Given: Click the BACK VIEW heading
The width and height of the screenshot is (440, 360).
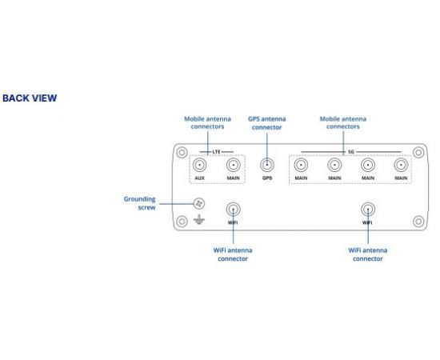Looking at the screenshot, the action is tap(30, 98).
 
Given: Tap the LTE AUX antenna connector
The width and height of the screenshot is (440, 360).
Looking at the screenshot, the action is tap(199, 165).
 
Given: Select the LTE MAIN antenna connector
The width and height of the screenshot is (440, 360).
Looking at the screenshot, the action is tap(233, 165).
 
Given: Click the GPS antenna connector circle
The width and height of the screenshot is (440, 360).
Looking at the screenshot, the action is tap(267, 165).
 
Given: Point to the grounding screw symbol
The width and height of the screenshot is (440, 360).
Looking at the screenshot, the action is tap(199, 204).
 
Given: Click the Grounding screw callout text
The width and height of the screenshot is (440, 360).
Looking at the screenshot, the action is tap(139, 203).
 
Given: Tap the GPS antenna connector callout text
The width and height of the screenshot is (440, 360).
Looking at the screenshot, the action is tap(267, 123).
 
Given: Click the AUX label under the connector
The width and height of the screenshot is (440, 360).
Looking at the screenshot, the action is tap(199, 178).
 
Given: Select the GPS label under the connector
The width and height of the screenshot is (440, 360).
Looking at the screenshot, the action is tap(267, 178).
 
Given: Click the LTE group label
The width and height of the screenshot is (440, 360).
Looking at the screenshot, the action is tap(216, 152).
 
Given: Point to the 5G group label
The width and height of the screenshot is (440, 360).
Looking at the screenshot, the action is tap(351, 152).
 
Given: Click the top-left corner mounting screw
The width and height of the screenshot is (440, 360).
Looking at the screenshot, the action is tap(182, 153).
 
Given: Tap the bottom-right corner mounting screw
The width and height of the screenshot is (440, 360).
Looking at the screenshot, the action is tap(418, 222).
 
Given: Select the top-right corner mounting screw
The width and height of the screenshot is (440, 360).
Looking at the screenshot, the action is tap(418, 153).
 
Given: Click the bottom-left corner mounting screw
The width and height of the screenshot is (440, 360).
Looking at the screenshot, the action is tap(182, 222).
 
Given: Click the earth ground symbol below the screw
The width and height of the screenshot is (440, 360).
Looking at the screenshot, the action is tap(199, 220).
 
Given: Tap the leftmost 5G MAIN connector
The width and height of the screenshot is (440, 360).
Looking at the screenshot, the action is tap(301, 165).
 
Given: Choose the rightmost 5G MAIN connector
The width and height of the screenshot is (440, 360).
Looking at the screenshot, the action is tap(401, 165).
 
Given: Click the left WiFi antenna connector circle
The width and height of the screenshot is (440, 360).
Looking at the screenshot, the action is tap(233, 210).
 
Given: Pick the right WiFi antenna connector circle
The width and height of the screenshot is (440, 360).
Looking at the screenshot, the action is tap(368, 210).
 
